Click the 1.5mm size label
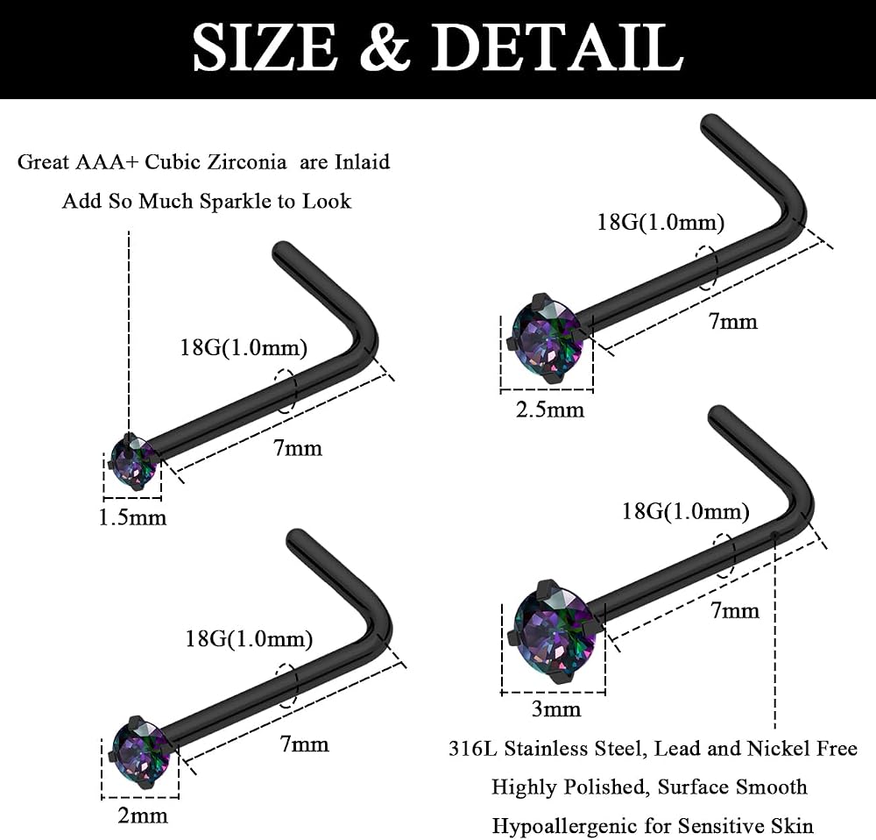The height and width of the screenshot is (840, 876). tap(132, 517)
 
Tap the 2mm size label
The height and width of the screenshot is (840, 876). tap(143, 815)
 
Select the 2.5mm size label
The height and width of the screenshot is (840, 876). tap(550, 410)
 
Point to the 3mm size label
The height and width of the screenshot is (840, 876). tap(555, 709)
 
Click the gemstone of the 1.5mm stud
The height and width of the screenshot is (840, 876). tap(134, 461)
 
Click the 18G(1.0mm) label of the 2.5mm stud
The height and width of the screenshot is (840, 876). tap(661, 223)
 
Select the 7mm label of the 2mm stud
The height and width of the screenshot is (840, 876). tap(304, 744)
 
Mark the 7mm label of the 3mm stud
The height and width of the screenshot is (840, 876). tap(735, 610)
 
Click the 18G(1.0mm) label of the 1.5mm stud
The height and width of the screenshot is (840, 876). tap(244, 348)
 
